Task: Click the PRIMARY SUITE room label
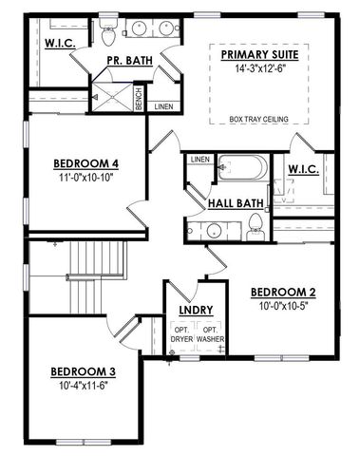pos(259,55)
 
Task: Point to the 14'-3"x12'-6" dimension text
pos(259,67)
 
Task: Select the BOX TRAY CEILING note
pos(259,119)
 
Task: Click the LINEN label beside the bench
pos(163,105)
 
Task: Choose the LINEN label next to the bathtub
pos(199,159)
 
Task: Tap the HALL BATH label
pos(236,201)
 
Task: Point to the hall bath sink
pos(213,229)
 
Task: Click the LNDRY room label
pos(195,310)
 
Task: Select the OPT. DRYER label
pos(181,333)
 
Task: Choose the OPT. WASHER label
pos(211,333)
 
